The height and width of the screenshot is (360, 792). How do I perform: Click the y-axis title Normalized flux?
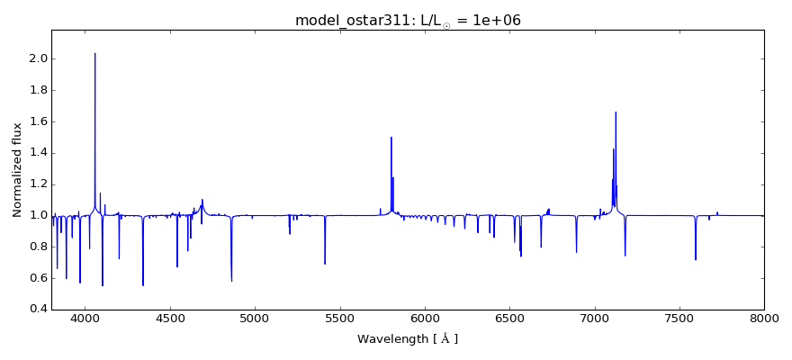[17, 169]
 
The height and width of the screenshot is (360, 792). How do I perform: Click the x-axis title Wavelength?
[407, 339]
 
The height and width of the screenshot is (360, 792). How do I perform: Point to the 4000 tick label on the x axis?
[85, 319]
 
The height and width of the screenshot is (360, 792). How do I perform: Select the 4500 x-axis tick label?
[170, 319]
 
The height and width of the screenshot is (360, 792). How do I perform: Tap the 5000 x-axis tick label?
[255, 319]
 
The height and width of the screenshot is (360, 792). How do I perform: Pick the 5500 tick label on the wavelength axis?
[339, 319]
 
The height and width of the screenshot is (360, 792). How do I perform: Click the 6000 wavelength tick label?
[425, 319]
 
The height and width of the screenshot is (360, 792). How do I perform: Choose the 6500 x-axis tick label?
[509, 319]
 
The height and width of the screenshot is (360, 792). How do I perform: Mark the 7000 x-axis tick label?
[594, 319]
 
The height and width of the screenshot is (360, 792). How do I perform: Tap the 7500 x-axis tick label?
[679, 319]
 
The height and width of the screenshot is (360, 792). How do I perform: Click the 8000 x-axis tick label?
[764, 319]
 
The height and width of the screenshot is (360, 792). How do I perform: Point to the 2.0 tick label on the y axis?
[38, 58]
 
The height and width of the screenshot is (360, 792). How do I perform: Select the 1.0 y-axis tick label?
[38, 215]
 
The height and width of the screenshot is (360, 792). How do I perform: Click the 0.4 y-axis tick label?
[38, 309]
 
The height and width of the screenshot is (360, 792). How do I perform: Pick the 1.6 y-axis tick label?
[38, 121]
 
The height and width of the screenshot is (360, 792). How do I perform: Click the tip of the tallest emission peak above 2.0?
[94, 53]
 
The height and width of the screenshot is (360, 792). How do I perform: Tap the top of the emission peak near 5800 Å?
[391, 138]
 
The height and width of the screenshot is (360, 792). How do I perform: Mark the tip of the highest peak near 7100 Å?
[616, 112]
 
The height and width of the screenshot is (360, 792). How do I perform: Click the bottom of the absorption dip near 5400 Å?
[325, 264]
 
